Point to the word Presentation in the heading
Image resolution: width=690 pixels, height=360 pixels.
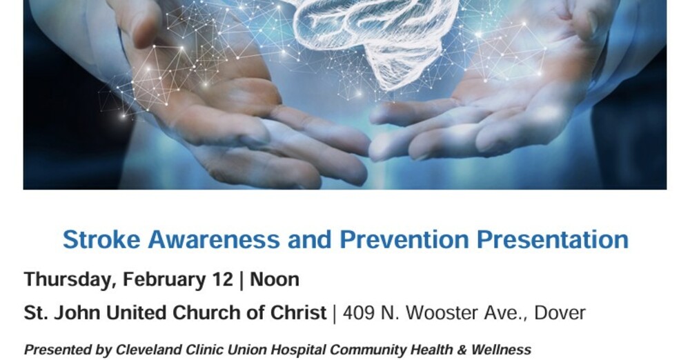tap(553, 240)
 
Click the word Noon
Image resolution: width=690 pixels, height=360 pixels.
tap(275, 279)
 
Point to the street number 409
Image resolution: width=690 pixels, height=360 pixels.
tap(359, 312)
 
